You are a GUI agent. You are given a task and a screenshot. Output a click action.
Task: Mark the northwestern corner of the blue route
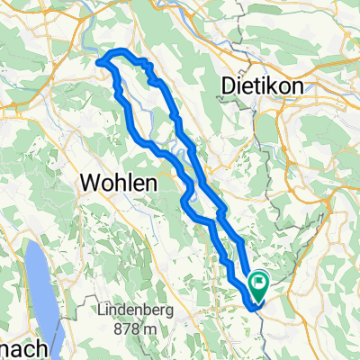click(x=101, y=61)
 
